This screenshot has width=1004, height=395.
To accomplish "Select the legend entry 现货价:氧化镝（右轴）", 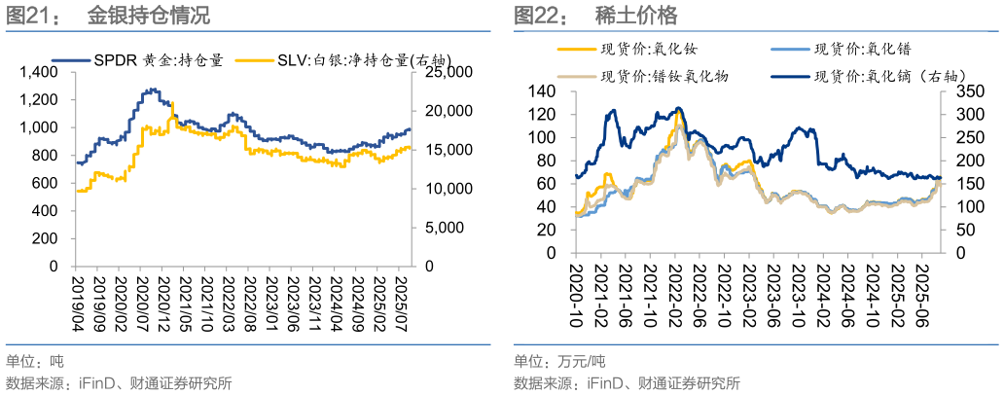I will (855, 75).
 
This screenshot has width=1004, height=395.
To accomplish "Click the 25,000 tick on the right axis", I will (444, 73).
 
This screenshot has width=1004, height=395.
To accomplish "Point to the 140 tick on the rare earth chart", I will (538, 91).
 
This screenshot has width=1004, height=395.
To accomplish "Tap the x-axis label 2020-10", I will (577, 291).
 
